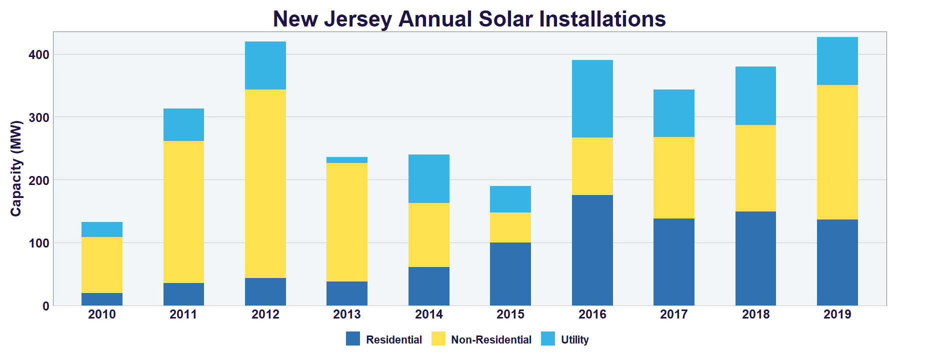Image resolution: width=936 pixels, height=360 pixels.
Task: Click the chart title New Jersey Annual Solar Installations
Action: click(469, 19)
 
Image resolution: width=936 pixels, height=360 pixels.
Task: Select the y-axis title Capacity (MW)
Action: click(16, 168)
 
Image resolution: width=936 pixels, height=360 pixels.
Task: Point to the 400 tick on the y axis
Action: click(39, 54)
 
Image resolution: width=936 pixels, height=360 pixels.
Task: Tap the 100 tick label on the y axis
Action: click(39, 243)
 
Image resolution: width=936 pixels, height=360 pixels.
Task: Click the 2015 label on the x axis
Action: click(510, 314)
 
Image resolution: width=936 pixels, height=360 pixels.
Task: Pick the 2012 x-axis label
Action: click(265, 314)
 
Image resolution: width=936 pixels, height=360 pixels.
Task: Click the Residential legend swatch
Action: click(353, 339)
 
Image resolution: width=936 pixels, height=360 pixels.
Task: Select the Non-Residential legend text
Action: click(491, 340)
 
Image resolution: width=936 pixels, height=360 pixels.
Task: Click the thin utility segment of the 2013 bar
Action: click(347, 160)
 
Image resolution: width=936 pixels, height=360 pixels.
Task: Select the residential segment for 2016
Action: click(592, 250)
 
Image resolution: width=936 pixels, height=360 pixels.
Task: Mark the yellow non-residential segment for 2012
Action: click(265, 183)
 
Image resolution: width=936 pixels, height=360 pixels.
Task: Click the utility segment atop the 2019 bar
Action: click(837, 61)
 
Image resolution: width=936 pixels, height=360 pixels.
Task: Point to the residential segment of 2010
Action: click(102, 299)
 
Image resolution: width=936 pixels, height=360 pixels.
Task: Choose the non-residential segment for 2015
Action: click(510, 227)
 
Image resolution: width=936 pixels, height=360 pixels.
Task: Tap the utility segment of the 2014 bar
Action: click(428, 178)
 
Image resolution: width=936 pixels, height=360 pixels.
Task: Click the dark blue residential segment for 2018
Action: click(755, 258)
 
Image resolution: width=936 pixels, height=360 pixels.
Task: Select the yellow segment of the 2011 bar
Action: click(183, 212)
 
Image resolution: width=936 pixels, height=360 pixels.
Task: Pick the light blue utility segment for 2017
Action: click(673, 113)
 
